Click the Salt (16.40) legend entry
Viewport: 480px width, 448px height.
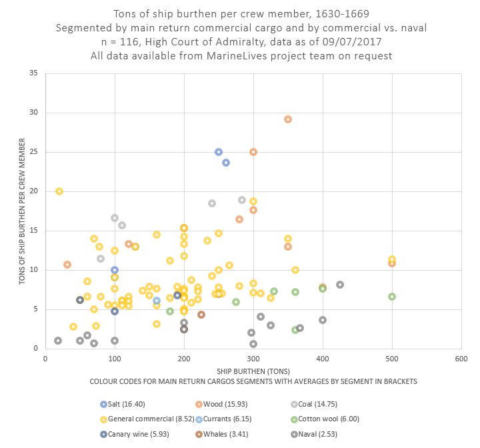point(123,404)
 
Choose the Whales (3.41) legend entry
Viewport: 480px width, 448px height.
point(221,434)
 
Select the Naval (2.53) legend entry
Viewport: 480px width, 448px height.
point(314,434)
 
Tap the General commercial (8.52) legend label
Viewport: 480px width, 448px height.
point(151,419)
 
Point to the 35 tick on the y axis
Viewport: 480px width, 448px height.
point(34,73)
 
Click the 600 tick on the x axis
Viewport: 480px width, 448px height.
point(461,359)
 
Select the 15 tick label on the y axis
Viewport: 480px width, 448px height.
point(34,230)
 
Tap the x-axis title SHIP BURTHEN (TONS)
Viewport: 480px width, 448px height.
point(253,371)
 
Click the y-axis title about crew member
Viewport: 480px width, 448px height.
point(22,211)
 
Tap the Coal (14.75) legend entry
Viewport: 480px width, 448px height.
point(314,404)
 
